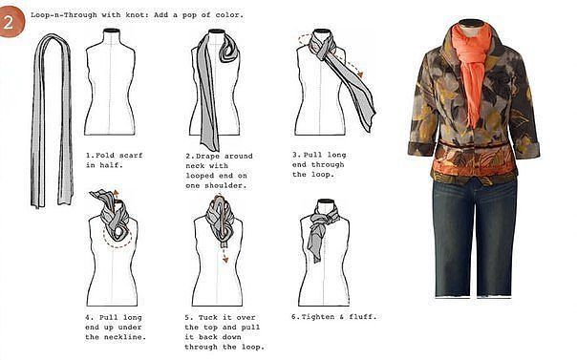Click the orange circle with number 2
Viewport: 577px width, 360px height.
click(11, 22)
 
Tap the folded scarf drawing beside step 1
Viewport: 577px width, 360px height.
click(52, 120)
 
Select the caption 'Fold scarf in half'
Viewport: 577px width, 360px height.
click(114, 160)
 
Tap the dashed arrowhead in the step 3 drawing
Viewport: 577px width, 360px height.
click(360, 74)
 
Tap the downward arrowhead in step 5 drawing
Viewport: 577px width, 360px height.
click(224, 260)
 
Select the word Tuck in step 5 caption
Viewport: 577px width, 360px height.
click(208, 317)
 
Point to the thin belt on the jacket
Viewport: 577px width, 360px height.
click(475, 145)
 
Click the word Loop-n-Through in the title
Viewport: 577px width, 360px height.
click(64, 15)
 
